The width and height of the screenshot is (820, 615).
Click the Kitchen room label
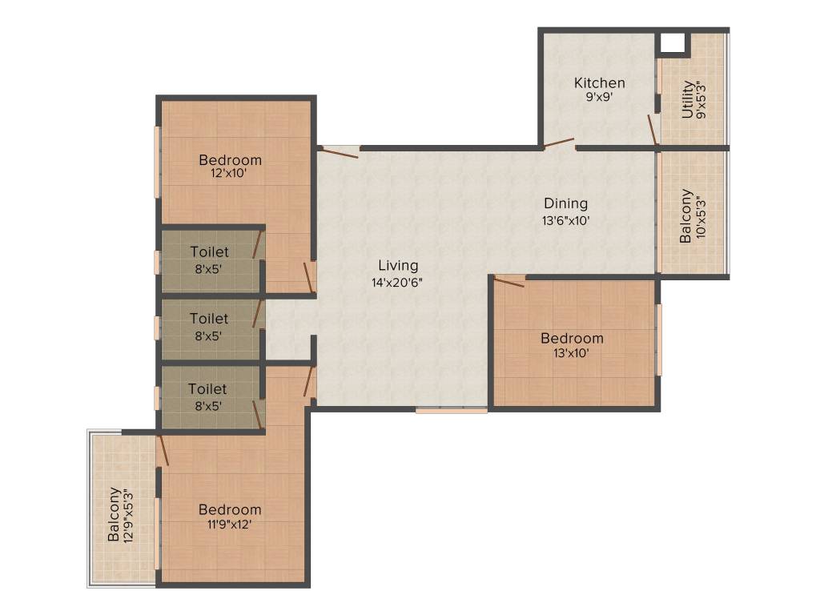(x=599, y=82)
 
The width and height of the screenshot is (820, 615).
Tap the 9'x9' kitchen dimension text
(x=599, y=98)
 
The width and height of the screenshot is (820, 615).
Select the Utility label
(x=687, y=99)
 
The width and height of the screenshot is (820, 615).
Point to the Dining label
(x=565, y=203)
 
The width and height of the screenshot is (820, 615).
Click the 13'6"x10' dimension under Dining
(x=565, y=220)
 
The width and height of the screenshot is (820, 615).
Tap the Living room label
(x=398, y=265)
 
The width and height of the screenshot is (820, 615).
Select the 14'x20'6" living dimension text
(x=398, y=282)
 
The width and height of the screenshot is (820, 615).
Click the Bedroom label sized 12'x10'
(x=230, y=159)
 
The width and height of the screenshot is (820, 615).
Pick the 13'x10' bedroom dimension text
(x=572, y=353)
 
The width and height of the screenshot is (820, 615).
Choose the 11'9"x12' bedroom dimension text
(x=230, y=525)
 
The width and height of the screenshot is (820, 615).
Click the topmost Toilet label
(x=209, y=252)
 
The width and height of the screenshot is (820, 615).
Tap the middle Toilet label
(x=209, y=319)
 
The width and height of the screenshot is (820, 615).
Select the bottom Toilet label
(x=207, y=388)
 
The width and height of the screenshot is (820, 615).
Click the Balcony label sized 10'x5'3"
(x=685, y=216)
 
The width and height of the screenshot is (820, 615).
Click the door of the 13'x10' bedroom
(x=509, y=279)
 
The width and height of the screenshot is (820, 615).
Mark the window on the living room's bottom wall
(x=451, y=410)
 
